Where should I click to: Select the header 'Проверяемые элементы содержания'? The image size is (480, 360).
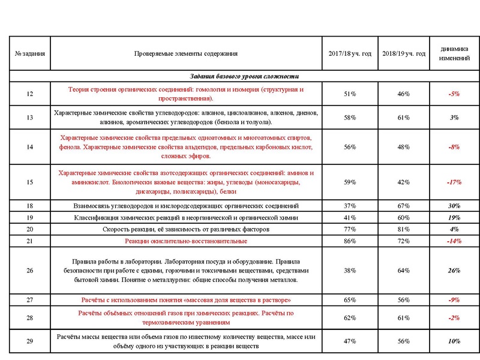[x=185, y=53]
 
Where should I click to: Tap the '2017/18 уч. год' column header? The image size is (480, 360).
[x=350, y=53]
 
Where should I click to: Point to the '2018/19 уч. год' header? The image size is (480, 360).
[x=403, y=53]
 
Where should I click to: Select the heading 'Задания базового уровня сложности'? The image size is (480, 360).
[x=244, y=76]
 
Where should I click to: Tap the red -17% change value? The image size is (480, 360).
[x=454, y=182]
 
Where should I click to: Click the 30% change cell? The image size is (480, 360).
[x=454, y=206]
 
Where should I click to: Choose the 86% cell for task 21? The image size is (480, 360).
[x=350, y=241]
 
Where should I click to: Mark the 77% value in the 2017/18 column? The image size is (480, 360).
[x=350, y=229]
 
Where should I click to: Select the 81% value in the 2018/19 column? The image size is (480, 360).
[x=403, y=229]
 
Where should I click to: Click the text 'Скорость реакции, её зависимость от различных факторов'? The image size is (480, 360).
[x=185, y=229]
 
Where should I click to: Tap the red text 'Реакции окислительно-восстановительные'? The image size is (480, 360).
[x=185, y=241]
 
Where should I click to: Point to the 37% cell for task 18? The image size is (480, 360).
[x=350, y=206]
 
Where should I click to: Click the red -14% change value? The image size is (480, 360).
[x=454, y=241]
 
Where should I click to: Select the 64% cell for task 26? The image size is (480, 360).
[x=403, y=271]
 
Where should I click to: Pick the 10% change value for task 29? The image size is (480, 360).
[x=454, y=341]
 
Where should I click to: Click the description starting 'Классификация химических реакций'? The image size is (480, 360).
[x=185, y=217]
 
